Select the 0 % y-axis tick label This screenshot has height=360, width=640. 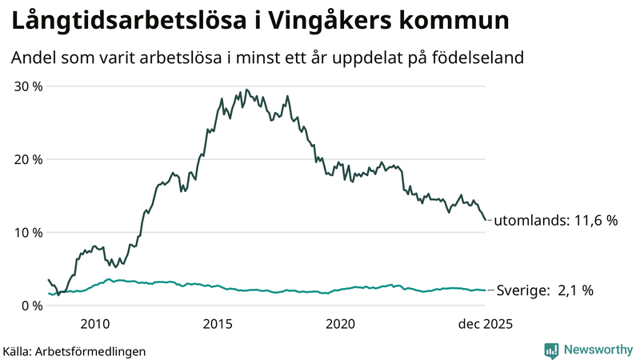click(31, 306)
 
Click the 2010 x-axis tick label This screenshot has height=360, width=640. click(94, 324)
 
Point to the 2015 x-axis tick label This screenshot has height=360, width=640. click(218, 324)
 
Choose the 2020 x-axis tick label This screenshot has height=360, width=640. click(340, 324)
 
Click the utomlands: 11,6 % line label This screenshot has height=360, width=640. click(556, 221)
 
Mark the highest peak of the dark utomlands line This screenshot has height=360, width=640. click(246, 90)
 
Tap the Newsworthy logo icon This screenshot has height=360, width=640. click(551, 350)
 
